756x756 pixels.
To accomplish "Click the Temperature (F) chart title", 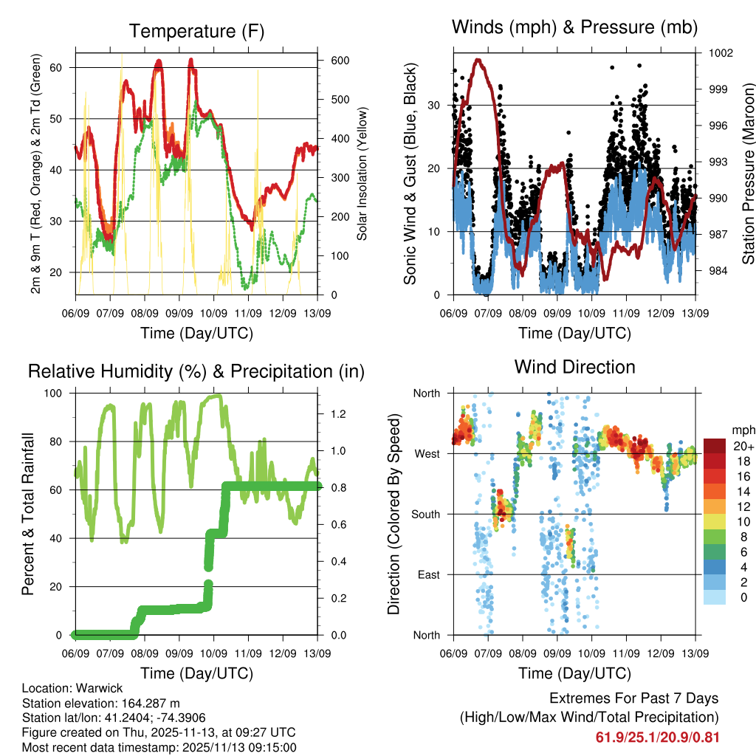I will pyautogui.click(x=196, y=31).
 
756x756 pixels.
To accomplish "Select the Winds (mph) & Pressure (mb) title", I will pyautogui.click(x=574, y=27).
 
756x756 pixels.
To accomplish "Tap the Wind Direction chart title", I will pyautogui.click(x=574, y=366).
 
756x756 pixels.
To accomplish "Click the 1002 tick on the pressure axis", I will pyautogui.click(x=720, y=53).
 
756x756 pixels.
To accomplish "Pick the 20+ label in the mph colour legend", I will pyautogui.click(x=743, y=446).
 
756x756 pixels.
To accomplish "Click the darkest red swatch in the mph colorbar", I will pyautogui.click(x=714, y=446).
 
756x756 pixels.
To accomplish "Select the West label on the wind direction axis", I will pyautogui.click(x=426, y=453).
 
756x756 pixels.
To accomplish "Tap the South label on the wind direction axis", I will pyautogui.click(x=425, y=514).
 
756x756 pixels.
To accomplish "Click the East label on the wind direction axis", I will pyautogui.click(x=427, y=574).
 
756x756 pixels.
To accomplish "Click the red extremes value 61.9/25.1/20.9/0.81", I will pyautogui.click(x=657, y=737).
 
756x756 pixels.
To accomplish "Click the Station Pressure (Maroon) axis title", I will pyautogui.click(x=747, y=173).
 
